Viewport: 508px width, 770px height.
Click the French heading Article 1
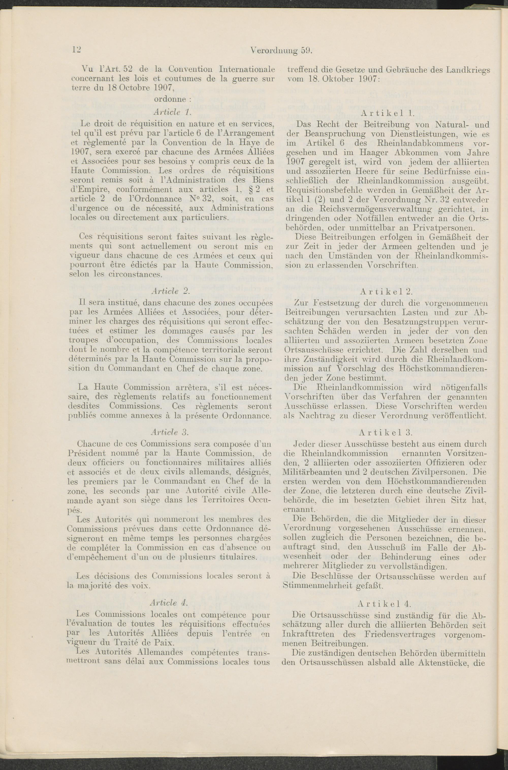pos(169,112)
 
